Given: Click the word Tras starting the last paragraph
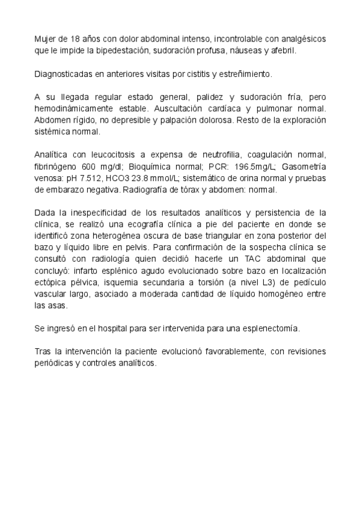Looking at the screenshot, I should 43,352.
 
